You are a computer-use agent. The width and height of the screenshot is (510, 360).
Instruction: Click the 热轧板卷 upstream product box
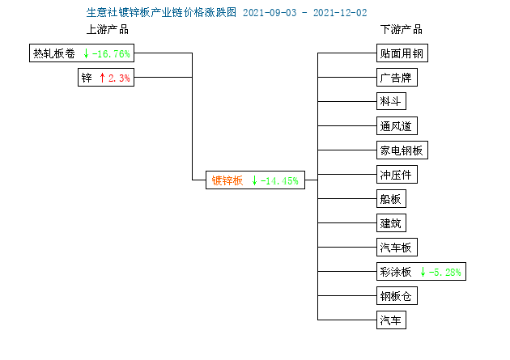82,53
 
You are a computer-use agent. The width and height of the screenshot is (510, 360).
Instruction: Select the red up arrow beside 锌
102,78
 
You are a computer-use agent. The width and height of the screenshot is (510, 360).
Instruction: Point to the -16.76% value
111,53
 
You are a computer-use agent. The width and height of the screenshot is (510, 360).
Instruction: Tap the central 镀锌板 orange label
227,180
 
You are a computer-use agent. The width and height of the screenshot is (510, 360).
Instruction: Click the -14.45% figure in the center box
279,180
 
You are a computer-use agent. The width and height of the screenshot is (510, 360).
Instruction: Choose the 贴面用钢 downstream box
402,53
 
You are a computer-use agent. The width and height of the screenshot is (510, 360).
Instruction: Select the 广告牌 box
397,78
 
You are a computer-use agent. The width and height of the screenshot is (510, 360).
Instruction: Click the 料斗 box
391,101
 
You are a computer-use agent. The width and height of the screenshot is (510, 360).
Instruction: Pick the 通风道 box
397,125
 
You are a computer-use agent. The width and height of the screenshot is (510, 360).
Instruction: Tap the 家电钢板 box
402,150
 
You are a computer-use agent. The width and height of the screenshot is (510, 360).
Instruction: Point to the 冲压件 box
397,175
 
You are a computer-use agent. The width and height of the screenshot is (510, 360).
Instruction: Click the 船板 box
391,198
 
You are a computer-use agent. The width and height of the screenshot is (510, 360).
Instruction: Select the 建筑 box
391,223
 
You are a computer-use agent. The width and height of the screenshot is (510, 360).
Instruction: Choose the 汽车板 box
397,248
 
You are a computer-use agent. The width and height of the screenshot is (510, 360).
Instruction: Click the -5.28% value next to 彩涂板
445,272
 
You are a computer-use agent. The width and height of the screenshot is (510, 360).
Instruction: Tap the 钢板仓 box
397,295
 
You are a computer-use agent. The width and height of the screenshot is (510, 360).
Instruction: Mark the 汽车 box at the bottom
391,320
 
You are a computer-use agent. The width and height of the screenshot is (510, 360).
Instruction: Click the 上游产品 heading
108,30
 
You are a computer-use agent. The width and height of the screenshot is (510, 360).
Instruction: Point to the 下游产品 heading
402,30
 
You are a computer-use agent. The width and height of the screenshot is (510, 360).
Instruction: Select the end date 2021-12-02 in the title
340,13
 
